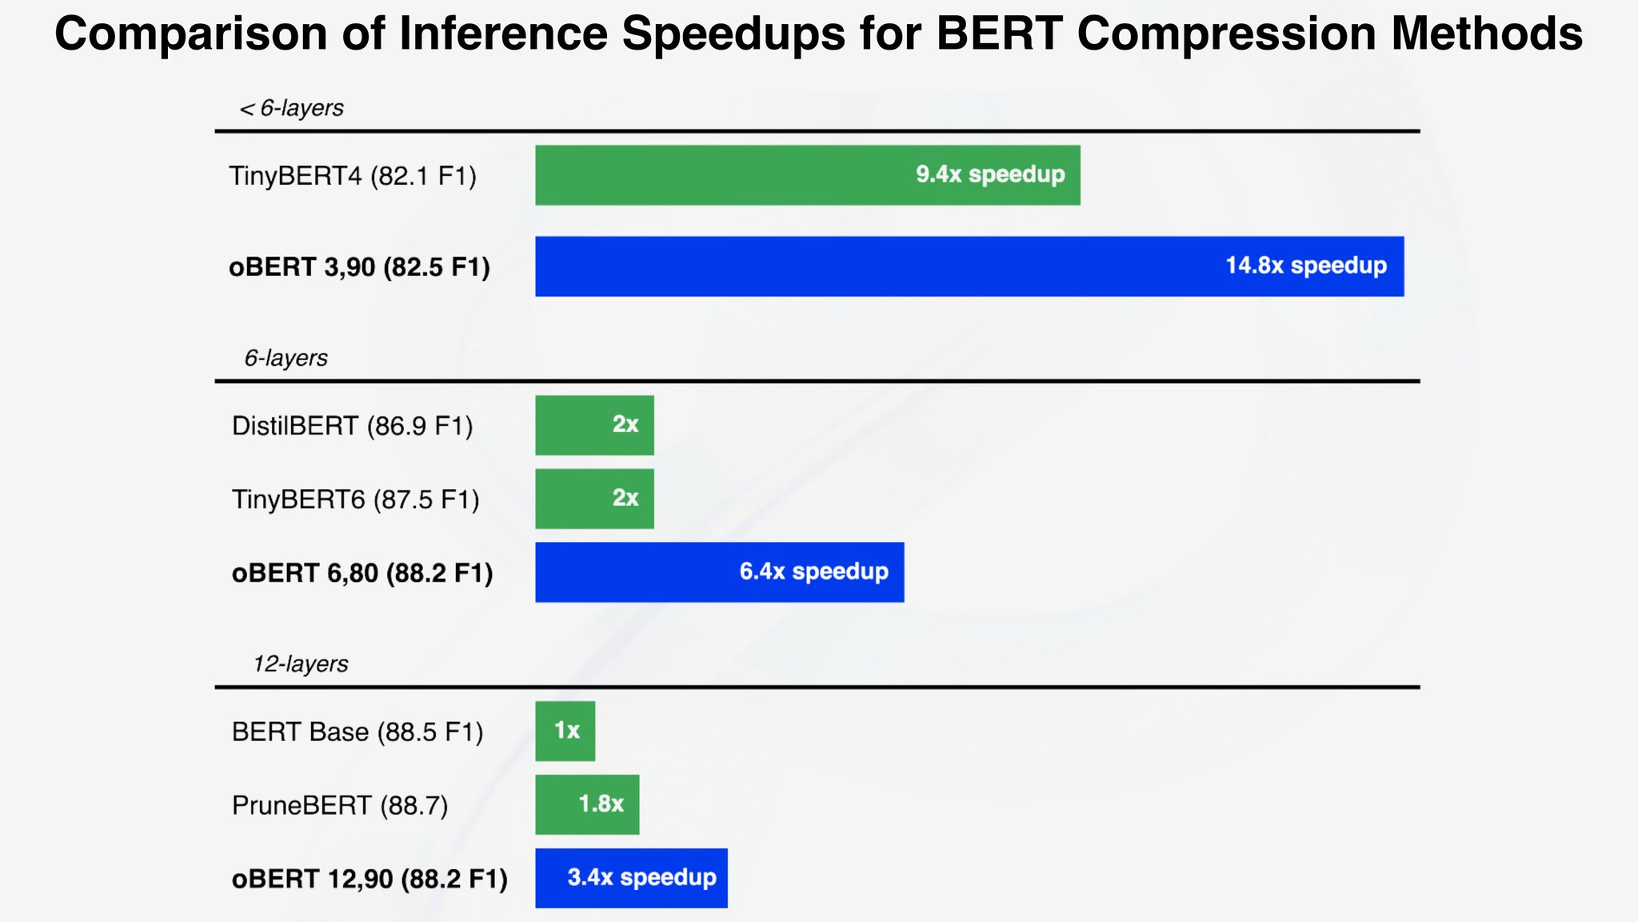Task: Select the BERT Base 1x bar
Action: [565, 731]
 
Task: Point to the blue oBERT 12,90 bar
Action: [631, 878]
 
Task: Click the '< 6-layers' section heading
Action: [292, 108]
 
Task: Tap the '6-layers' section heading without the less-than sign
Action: [286, 358]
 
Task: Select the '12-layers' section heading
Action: [301, 664]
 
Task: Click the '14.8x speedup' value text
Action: [1305, 266]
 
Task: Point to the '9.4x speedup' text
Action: [989, 174]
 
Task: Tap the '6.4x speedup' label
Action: [813, 571]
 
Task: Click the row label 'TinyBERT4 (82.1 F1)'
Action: [353, 176]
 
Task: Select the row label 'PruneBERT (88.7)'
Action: [340, 805]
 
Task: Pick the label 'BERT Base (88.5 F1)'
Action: [358, 732]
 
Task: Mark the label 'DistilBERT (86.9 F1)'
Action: [353, 426]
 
